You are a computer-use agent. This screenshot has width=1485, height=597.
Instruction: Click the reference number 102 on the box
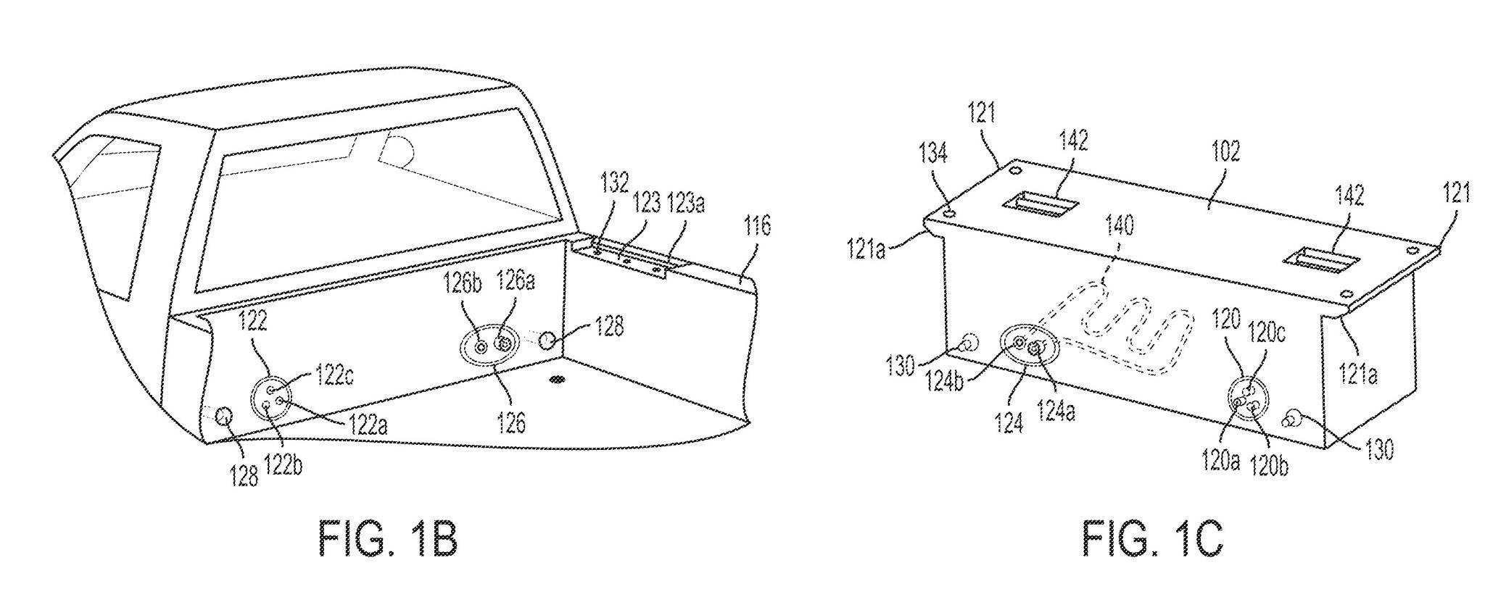pyautogui.click(x=1226, y=151)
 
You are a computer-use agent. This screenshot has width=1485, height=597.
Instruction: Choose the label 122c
pyautogui.click(x=334, y=377)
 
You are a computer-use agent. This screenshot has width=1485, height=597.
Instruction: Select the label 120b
pyautogui.click(x=1269, y=465)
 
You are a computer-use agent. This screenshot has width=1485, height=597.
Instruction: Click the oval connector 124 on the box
pyautogui.click(x=1030, y=347)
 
